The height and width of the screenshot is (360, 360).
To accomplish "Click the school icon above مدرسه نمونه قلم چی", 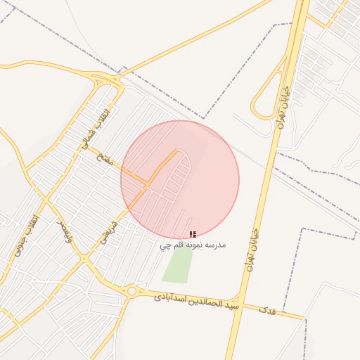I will (193, 234).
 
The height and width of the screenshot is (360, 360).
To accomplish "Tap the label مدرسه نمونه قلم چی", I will (192, 245).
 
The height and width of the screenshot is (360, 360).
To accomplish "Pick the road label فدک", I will (266, 309).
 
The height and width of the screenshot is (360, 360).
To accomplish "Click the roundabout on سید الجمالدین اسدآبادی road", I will (131, 290).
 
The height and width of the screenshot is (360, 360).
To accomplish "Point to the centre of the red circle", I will (180, 179).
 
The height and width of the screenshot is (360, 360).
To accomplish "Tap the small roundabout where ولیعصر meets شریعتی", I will (84, 259).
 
